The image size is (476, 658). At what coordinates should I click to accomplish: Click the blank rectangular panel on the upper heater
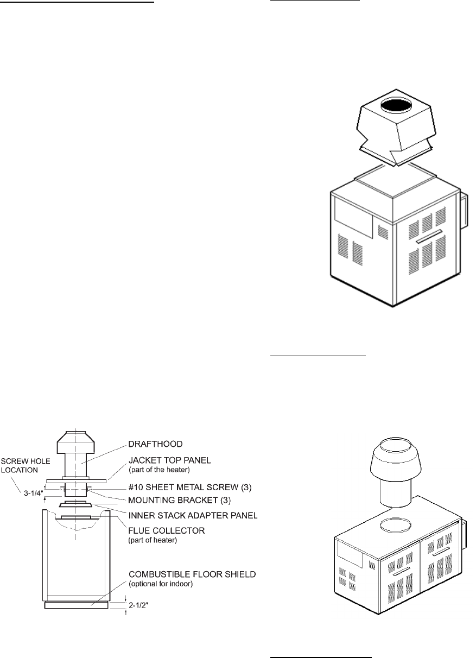(x=353, y=217)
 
